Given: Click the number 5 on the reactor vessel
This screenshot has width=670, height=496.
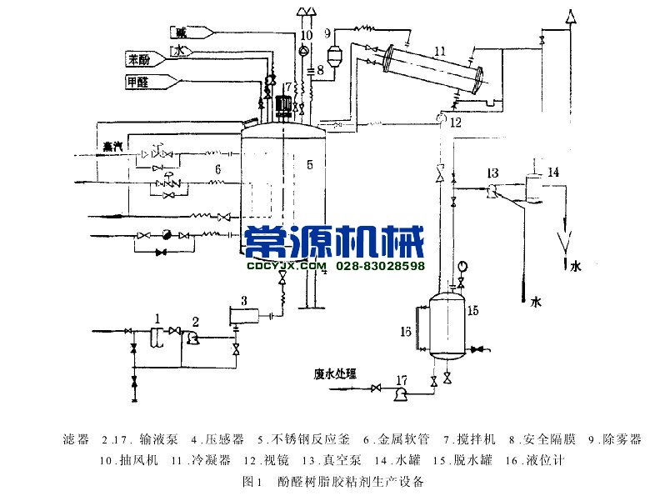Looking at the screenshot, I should (308, 165).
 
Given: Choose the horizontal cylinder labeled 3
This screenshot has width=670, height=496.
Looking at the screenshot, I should (243, 315).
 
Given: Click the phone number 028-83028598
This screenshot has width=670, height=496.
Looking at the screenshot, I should (381, 267).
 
